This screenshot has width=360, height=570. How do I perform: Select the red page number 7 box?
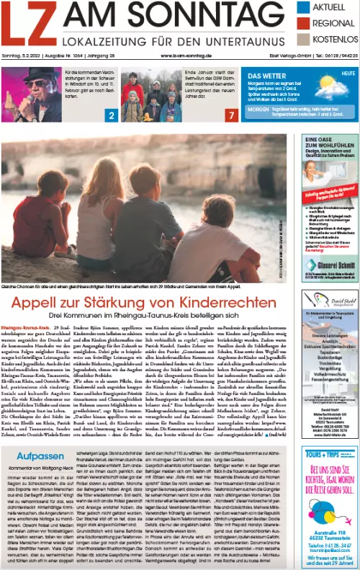point(230,115)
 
